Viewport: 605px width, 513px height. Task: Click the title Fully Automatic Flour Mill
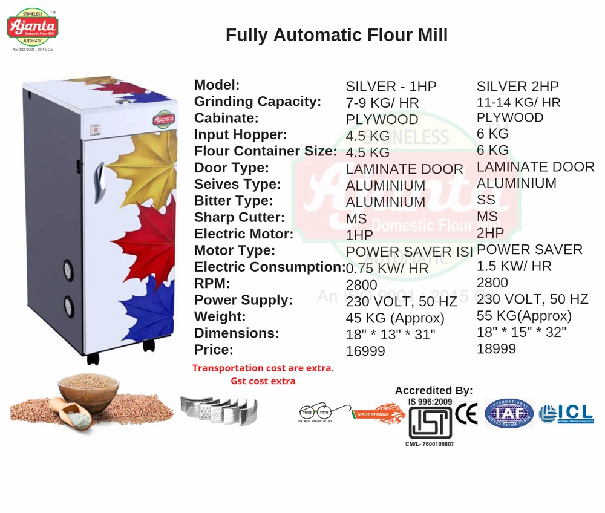336,35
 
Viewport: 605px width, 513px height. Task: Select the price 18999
496,348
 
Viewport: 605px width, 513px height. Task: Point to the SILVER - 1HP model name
391,87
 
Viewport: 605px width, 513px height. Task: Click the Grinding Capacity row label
257,102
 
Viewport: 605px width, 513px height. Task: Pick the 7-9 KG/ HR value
382,103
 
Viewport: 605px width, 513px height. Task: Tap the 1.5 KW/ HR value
514,266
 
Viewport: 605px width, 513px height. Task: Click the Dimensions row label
237,333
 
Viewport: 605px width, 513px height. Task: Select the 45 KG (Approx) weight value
394,318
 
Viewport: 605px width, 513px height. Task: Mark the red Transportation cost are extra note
263,368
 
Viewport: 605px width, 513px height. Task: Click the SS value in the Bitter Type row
486,200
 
